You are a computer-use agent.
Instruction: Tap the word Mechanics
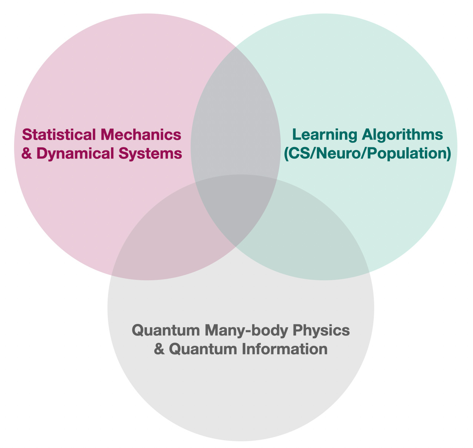(141, 134)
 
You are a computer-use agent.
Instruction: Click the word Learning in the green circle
(319, 134)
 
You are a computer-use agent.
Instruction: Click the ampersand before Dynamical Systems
(26, 153)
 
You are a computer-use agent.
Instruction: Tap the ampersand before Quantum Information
(159, 349)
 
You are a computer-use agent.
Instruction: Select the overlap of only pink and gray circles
(167, 244)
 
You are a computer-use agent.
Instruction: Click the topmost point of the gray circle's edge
(241, 174)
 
